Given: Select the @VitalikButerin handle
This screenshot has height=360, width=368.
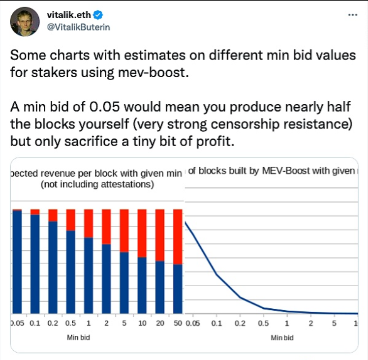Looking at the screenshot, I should [78, 28].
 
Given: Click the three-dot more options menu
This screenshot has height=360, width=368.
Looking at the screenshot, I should [353, 15].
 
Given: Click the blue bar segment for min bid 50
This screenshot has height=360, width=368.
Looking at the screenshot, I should [178, 289].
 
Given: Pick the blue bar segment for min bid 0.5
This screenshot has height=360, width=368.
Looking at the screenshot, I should [71, 271].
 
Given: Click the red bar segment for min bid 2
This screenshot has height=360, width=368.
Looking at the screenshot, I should [106, 226].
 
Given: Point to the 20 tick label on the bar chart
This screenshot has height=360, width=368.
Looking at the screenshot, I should [160, 324].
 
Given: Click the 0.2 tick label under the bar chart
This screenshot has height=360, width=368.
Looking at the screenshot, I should [53, 324].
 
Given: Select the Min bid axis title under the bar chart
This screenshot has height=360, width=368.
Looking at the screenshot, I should [78, 338].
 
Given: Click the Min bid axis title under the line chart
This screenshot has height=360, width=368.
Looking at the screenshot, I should [282, 338].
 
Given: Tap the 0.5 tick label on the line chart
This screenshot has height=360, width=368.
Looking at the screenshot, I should [264, 324].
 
